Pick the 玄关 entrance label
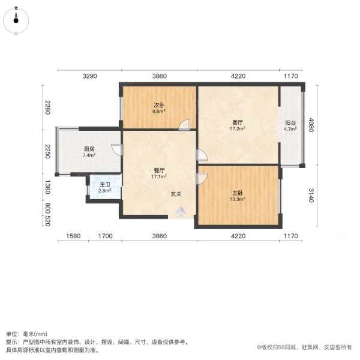pyautogui.click(x=175, y=194)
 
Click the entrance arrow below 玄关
pyautogui.click(x=181, y=212)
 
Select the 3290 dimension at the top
pyautogui.click(x=89, y=76)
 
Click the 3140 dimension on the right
pyautogui.click(x=311, y=195)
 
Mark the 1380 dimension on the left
pyautogui.click(x=47, y=187)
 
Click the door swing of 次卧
pyautogui.click(x=185, y=124)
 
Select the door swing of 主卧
pyautogui.click(x=202, y=178)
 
